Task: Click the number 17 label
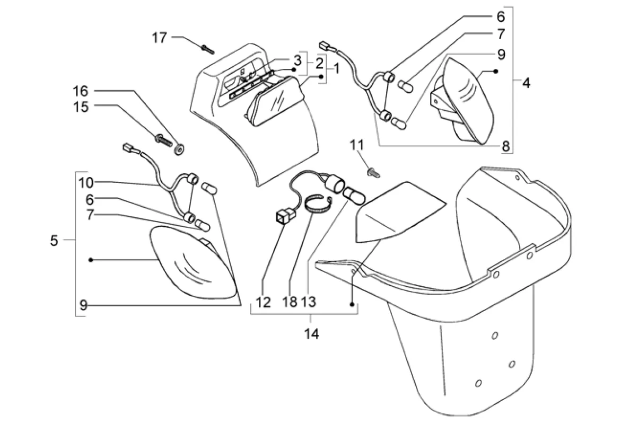[x=160, y=38]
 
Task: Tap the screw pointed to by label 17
[x=206, y=49]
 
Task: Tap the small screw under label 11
[x=374, y=171]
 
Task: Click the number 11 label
[x=356, y=144]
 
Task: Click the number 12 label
[x=263, y=302]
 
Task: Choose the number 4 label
[x=526, y=83]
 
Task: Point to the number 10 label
[x=86, y=183]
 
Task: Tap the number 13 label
[x=309, y=302]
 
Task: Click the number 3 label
[x=298, y=59]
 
